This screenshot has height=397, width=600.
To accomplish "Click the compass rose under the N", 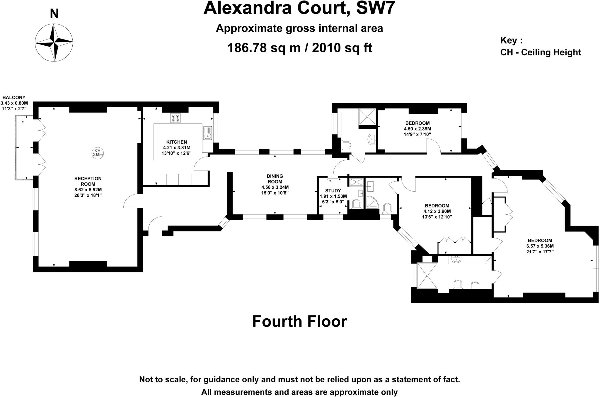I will tap(54, 43).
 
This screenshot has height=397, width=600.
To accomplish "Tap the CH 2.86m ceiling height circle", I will tap(98, 153).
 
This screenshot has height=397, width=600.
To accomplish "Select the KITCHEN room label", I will tap(176, 142).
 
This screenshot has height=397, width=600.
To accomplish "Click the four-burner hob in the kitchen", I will tap(175, 118).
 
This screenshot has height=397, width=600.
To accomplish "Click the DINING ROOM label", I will tap(275, 178).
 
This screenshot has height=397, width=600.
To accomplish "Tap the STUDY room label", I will tap(333, 191).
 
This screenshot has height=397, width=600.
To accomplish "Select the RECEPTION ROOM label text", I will tap(88, 181).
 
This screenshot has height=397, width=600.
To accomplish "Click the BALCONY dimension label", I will tap(14, 103).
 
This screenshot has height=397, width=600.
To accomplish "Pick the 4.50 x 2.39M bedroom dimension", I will tap(417, 129).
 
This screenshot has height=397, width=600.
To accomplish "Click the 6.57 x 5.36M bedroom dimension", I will tap(540, 246).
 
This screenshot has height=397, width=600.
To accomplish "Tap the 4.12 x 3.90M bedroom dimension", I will tap(437, 211).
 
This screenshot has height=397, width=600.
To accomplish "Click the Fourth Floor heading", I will tap(299, 322).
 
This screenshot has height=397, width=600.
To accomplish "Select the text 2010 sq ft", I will tap(342, 48).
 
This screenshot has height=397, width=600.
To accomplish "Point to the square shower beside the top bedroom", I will tap(367, 116).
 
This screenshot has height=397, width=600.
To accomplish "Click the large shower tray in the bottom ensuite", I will tap(427, 276).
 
